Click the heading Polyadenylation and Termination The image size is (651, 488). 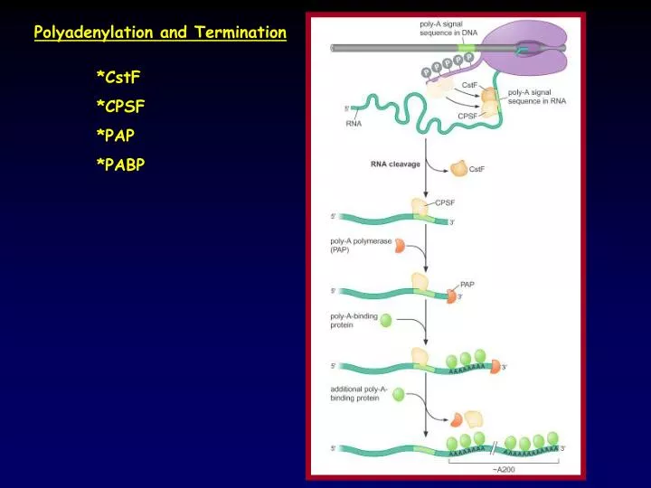click(160, 33)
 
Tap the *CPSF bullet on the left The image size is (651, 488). click(121, 108)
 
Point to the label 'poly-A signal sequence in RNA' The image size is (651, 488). click(537, 96)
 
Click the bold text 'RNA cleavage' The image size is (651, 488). click(395, 164)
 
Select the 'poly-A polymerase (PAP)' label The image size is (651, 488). click(358, 246)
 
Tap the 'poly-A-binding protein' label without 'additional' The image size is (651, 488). click(354, 321)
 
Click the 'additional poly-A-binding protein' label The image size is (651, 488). click(359, 393)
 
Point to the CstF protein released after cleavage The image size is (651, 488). click(458, 168)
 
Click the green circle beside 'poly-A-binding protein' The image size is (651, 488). click(386, 320)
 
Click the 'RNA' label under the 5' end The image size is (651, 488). click(354, 124)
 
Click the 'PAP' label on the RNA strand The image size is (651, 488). click(468, 284)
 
